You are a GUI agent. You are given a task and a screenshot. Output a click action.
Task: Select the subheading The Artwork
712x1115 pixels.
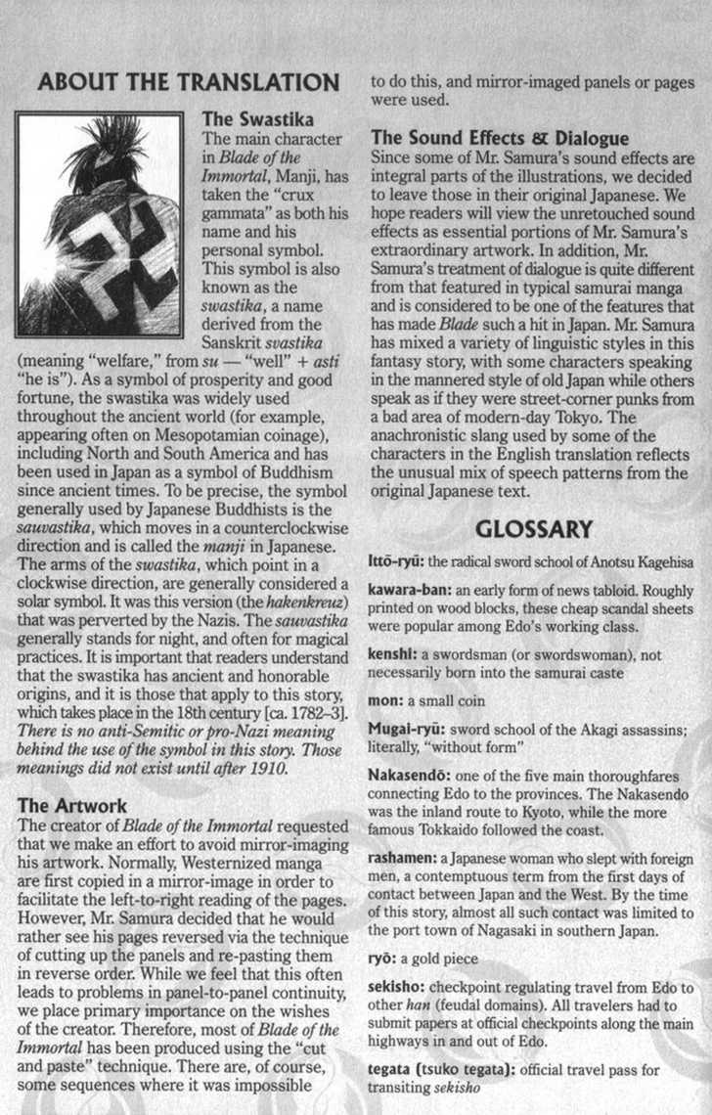click(73, 806)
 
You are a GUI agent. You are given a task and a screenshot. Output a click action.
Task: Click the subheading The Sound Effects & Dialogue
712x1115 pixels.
click(500, 138)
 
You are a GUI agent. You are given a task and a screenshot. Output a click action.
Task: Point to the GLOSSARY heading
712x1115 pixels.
click(533, 529)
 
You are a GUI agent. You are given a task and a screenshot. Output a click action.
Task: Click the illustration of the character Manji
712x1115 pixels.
click(101, 225)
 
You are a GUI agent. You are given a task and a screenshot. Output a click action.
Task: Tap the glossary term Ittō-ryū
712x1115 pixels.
click(396, 562)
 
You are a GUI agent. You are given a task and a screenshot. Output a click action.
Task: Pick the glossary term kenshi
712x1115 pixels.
click(392, 657)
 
